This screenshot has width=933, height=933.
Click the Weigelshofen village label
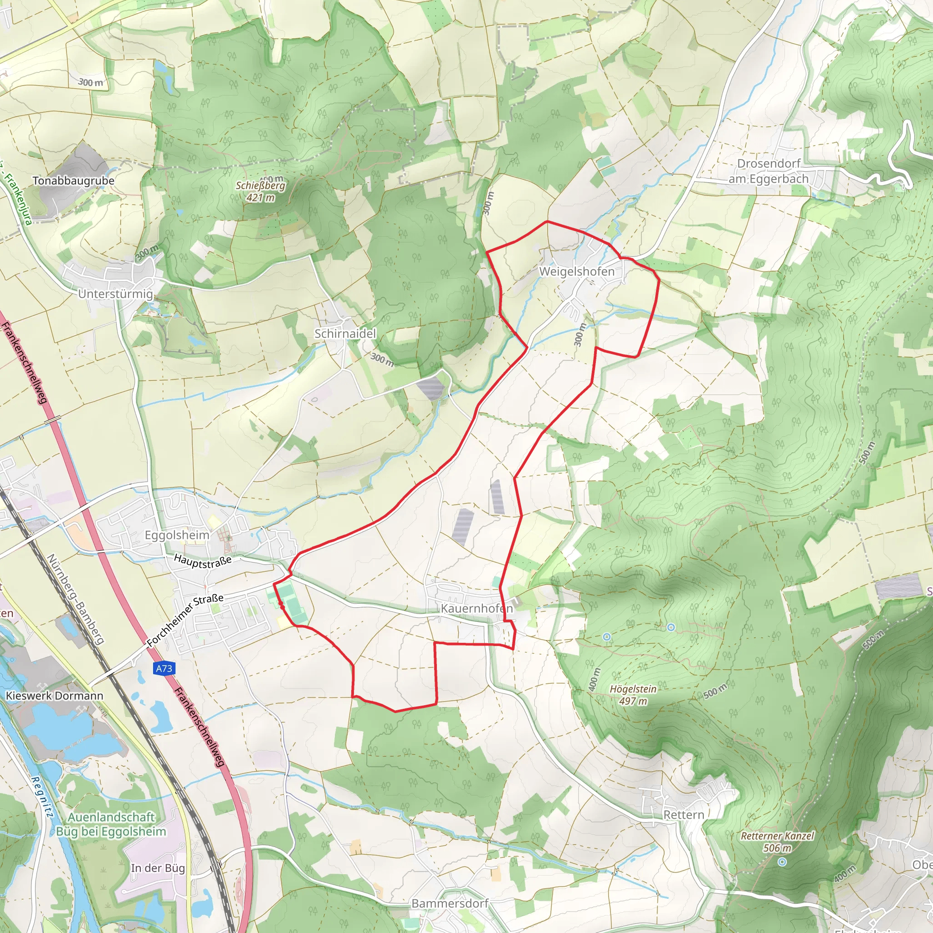pos(577,272)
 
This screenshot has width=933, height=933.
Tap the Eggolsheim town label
pos(177,535)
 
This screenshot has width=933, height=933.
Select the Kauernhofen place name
pos(477,609)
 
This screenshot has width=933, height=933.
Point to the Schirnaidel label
pos(345,333)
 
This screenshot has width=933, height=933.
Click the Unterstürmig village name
pos(115,294)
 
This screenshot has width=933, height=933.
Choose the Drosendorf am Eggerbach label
pos(769,171)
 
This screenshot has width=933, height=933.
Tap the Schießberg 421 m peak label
pos(260,191)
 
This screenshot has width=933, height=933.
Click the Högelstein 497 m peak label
pos(633,695)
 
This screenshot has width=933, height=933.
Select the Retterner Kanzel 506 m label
pos(778,842)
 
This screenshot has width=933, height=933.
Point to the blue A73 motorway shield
pos(164,668)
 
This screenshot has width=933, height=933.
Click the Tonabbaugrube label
pos(73,180)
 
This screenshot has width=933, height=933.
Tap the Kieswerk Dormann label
pos(55,696)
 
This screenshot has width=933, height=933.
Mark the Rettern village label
pos(683,815)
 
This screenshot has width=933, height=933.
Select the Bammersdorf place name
pos(450,903)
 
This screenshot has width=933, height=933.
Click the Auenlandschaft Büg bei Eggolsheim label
pos(111,824)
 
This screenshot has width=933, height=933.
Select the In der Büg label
pos(158,868)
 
